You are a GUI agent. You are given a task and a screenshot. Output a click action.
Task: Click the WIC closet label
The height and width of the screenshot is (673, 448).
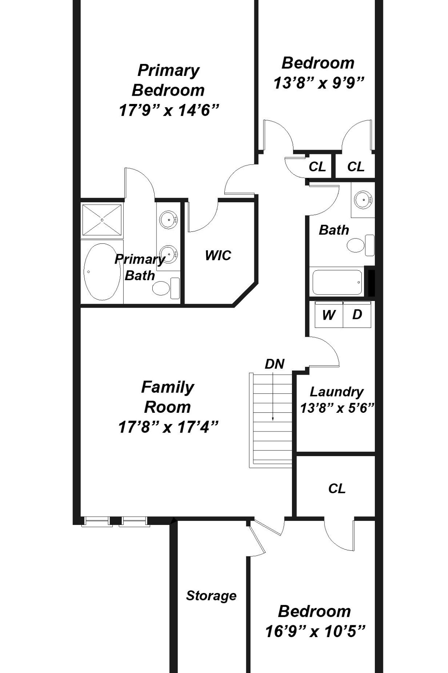tap(218, 256)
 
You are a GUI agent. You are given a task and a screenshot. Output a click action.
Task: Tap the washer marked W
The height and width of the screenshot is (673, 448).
tap(329, 314)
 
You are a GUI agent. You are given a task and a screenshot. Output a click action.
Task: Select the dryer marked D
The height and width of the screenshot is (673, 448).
tap(357, 314)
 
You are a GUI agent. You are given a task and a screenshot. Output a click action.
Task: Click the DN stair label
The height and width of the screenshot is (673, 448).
tap(275, 364)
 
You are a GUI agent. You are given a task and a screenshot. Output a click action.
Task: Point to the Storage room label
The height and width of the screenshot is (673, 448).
tap(211, 596)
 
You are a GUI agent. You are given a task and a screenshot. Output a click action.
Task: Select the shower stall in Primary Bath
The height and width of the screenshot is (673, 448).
tap(102, 220)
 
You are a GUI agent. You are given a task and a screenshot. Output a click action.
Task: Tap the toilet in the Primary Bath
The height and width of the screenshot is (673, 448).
tap(166, 288)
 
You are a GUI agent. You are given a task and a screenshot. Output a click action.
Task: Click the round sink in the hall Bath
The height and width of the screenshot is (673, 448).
tap(363, 199)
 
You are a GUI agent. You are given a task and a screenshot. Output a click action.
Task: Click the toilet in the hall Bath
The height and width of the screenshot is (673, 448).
tap(361, 245)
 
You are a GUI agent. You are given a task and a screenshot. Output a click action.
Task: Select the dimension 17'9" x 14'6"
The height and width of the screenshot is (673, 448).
tap(169, 110)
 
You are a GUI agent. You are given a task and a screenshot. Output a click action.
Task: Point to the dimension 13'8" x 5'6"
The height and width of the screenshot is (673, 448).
tap(337, 408)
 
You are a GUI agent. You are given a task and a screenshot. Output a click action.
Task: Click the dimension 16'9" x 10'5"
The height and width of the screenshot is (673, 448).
tap(315, 631)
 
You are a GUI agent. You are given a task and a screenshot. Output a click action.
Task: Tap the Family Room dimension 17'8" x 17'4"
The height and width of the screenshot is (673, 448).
tap(168, 427)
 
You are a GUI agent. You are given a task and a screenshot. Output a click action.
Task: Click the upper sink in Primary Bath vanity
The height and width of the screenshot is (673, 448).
tap(168, 218)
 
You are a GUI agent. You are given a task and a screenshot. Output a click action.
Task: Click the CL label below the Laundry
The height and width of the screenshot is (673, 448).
tap(337, 488)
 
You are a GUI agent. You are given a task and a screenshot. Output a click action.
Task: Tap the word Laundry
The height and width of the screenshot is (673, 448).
tap(337, 392)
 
